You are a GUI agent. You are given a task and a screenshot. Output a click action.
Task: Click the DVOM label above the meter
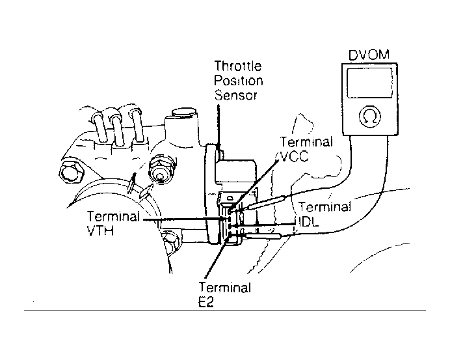(x=369, y=55)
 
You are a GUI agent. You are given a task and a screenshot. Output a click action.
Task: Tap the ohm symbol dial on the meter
(x=369, y=117)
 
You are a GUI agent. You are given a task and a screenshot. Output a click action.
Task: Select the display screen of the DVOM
(x=369, y=83)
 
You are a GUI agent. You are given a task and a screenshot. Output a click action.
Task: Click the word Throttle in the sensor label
(x=238, y=66)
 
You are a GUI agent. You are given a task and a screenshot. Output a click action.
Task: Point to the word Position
(x=239, y=81)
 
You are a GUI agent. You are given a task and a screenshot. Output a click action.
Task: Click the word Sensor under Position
(x=235, y=95)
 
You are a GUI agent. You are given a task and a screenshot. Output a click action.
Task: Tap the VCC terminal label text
(x=294, y=157)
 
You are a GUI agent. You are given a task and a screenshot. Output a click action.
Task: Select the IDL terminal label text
(x=309, y=221)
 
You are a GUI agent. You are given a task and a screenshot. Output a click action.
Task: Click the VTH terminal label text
(x=100, y=230)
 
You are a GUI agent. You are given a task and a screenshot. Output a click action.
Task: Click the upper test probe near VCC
(x=265, y=202)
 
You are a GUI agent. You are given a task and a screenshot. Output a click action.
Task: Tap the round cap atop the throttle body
(x=184, y=112)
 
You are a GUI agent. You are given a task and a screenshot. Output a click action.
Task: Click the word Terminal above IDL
(x=325, y=206)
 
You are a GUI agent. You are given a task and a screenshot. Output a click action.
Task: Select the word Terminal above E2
(x=225, y=287)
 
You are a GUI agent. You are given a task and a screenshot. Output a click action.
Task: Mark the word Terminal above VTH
(x=113, y=216)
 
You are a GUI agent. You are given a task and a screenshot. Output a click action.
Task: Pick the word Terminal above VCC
(x=306, y=142)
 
